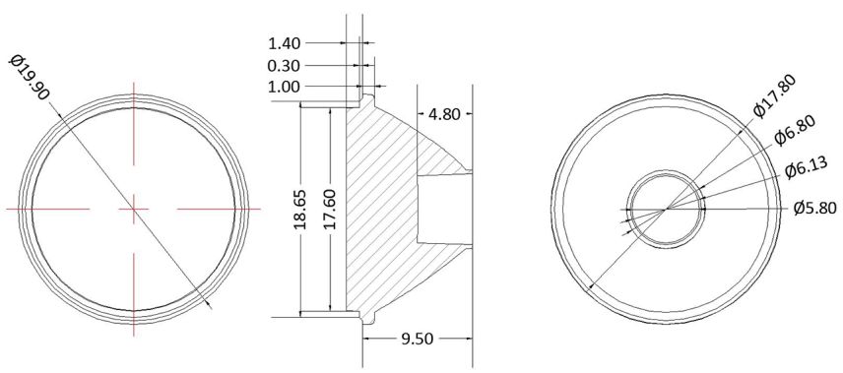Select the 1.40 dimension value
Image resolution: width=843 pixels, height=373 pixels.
(x=284, y=42)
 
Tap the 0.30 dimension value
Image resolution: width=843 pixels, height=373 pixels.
(x=284, y=65)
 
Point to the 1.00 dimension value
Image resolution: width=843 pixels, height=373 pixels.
(x=284, y=87)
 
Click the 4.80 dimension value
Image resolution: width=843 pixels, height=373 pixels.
(x=445, y=114)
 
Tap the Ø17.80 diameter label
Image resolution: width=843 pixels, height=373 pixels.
(x=773, y=94)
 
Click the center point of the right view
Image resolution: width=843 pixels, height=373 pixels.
(x=667, y=208)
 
